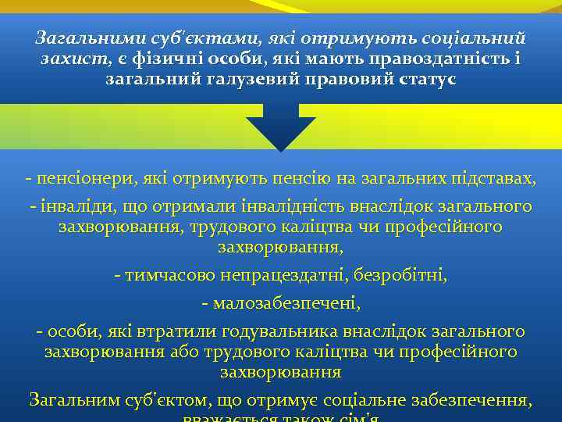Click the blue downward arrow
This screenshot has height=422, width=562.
coord(281,130)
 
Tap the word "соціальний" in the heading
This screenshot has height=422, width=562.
coord(476,38)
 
